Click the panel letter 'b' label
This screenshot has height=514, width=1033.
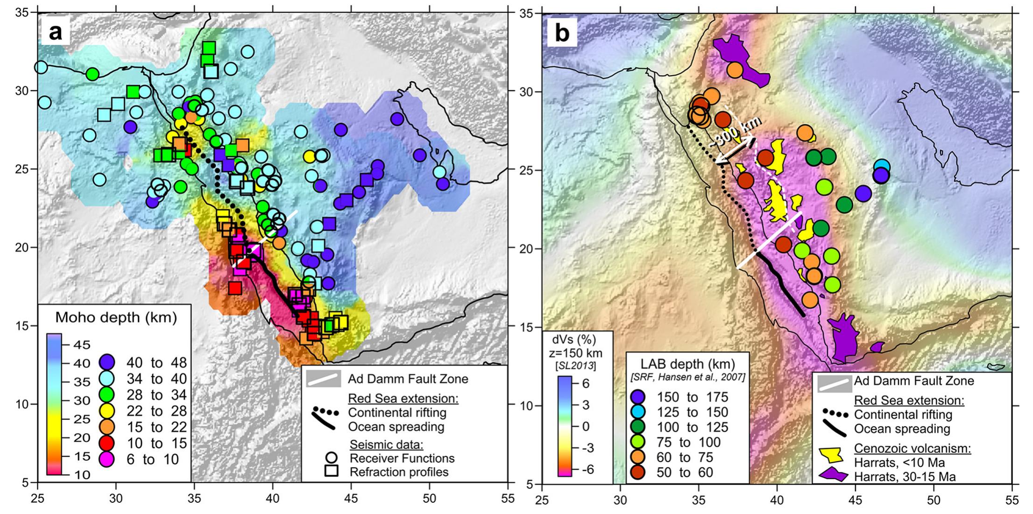[x=562, y=33]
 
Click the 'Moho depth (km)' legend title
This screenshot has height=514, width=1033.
[x=116, y=318]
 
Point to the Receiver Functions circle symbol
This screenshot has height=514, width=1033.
[x=331, y=458]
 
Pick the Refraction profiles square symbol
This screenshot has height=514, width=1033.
[x=331, y=472]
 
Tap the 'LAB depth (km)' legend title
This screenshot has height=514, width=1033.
[x=687, y=364]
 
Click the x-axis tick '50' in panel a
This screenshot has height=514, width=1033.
[x=429, y=499]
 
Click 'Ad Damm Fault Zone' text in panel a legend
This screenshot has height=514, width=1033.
[x=408, y=379]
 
